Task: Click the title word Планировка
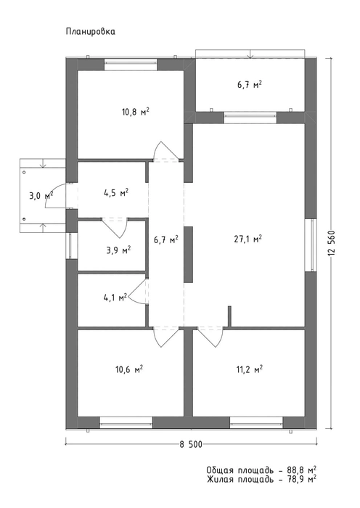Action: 91,32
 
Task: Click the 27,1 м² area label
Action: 248,239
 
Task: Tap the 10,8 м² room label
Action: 136,112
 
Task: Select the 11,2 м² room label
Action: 248,369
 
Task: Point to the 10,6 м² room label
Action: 130,369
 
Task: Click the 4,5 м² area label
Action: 115,194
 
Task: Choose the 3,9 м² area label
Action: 118,250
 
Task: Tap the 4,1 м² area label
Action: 115,298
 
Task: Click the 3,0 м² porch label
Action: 41,196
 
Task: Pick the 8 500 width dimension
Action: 191,445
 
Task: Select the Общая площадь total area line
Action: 261,470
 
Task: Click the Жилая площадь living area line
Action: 261,480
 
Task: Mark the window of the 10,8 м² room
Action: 131,64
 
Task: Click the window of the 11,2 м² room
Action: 256,422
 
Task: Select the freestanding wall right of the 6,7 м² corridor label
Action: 188,254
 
